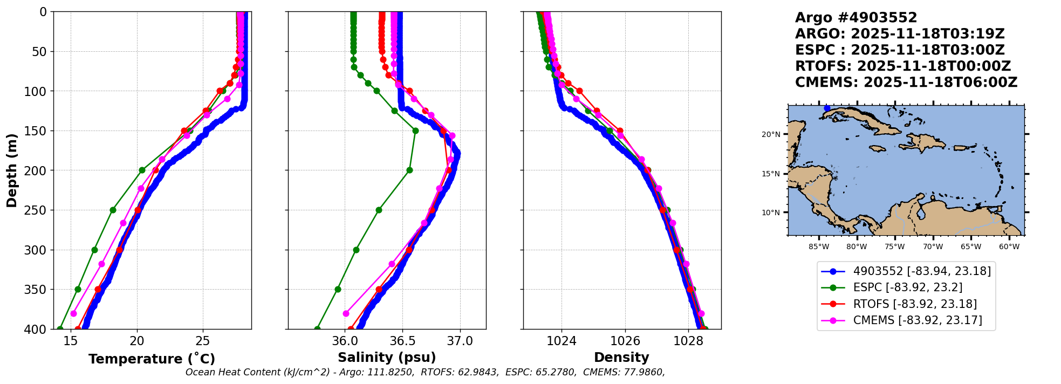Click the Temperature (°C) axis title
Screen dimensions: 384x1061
tap(152, 359)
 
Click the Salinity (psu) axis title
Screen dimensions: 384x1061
tap(386, 358)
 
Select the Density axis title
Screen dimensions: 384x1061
tap(621, 358)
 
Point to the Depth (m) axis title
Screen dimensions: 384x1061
tap(12, 170)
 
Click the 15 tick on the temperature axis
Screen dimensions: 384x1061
tap(71, 341)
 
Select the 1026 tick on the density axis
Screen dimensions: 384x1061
tap(625, 341)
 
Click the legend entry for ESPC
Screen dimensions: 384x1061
tap(907, 287)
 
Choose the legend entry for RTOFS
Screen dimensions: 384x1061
tap(914, 304)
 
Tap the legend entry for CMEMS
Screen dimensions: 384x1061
tap(917, 320)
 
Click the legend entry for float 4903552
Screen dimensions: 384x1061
tap(921, 271)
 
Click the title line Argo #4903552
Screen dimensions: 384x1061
tap(855, 18)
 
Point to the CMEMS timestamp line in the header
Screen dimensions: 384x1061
tap(906, 83)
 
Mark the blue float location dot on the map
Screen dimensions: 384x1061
tap(827, 108)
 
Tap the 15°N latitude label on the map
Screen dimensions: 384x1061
tap(771, 174)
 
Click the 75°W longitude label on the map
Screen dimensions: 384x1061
tap(894, 247)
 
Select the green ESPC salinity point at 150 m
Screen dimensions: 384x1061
tap(415, 131)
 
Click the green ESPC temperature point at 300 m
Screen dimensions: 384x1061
tap(94, 250)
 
